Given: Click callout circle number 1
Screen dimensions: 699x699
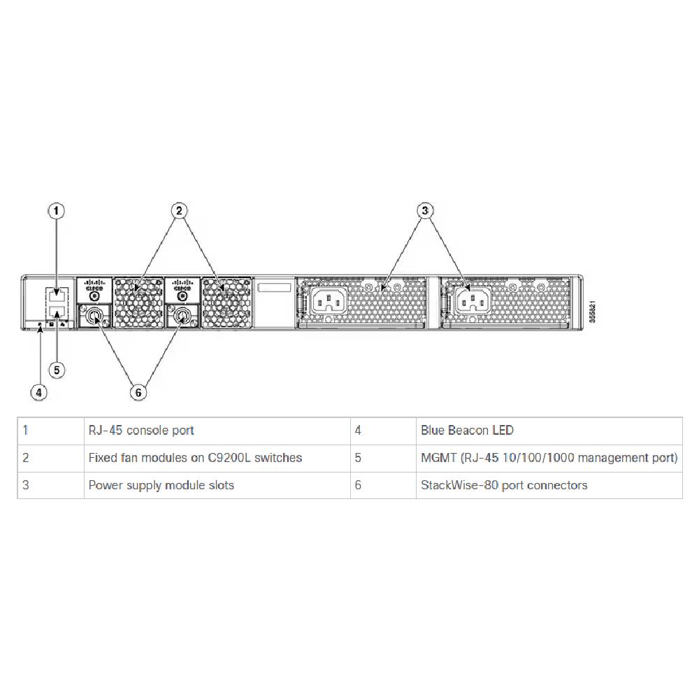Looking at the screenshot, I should click(57, 210).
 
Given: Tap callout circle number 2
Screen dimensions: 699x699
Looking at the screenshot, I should click(179, 210).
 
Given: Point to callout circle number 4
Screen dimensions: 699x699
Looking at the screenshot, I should click(39, 392).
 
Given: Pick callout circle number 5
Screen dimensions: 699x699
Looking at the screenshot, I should click(57, 368).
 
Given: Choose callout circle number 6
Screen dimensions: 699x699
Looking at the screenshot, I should click(138, 392).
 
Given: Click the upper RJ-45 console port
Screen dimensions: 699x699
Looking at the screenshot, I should click(57, 294).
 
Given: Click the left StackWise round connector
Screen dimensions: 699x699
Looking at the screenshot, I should click(93, 316).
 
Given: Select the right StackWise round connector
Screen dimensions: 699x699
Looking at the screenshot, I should click(182, 316).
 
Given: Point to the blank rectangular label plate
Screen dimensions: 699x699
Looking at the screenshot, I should click(273, 289).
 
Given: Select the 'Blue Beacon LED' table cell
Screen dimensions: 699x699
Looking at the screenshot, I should click(467, 431).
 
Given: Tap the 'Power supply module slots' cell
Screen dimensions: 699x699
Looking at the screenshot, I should click(161, 485).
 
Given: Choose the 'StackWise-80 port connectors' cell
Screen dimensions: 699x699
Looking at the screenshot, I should click(504, 485).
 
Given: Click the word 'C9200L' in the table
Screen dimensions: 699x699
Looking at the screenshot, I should click(229, 458).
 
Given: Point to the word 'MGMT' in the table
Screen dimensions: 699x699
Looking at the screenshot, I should click(436, 458).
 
